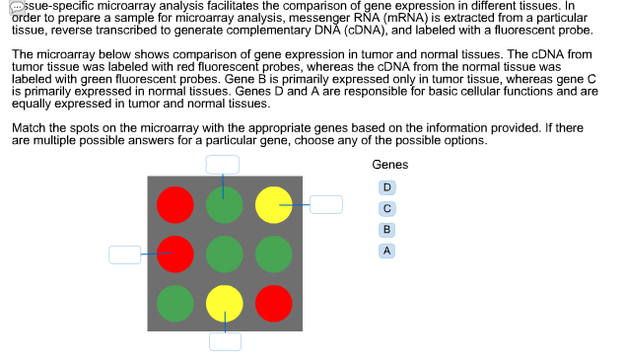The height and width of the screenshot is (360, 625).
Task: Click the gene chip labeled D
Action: coord(387,186)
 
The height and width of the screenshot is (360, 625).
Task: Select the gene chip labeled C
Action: coord(387,208)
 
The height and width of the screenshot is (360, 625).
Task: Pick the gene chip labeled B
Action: coord(387,229)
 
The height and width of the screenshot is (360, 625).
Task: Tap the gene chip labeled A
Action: coord(387,251)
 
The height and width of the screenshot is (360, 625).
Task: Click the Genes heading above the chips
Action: coord(390,165)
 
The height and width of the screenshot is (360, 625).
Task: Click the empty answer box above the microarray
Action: coord(223,165)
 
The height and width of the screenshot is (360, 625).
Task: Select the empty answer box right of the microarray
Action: coord(326,204)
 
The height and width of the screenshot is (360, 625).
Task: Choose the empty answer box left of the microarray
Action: coord(124,253)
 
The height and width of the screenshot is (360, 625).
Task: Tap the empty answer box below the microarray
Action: coord(224,341)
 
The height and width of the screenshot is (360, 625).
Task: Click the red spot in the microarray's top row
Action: coord(175,204)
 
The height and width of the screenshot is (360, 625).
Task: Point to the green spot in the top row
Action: coord(224,205)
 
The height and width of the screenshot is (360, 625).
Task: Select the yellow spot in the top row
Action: coord(274,205)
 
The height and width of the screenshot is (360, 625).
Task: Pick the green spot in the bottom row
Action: coord(175,302)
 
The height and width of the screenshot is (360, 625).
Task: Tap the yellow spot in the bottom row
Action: coord(224,302)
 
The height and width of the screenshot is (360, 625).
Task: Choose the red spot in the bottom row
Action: coord(274,302)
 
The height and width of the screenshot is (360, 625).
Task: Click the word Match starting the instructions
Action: coord(28,128)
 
